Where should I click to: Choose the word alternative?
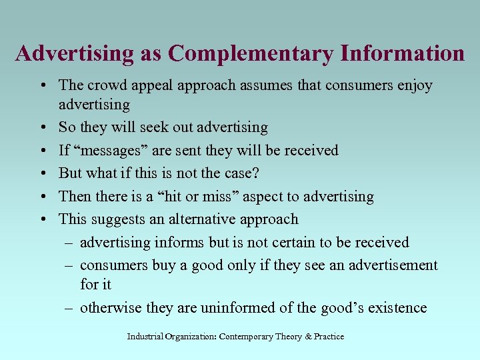click(x=198, y=219)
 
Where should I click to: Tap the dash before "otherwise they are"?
click(x=69, y=307)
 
